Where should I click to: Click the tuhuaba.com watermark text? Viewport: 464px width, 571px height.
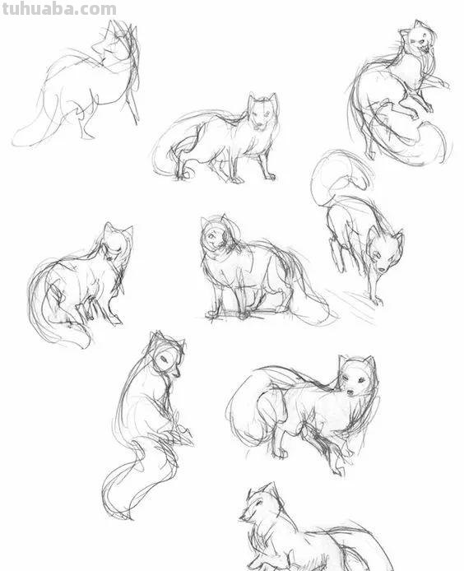58,9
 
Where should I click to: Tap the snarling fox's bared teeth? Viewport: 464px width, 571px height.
424,47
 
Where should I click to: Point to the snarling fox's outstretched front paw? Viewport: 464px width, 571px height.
442,83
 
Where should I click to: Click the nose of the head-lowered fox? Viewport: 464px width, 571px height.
382,269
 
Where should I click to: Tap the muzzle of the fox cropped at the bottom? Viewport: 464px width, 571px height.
244,517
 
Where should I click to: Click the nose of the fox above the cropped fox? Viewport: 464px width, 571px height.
350,392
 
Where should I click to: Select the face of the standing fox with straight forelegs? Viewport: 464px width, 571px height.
262,113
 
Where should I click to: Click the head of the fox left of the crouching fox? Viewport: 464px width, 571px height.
117,241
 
